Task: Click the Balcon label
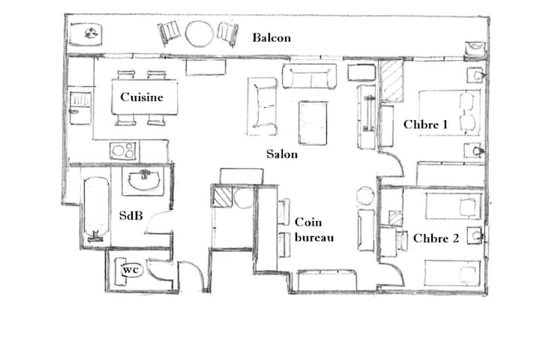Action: (x=271, y=37)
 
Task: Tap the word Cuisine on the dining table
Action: (x=142, y=97)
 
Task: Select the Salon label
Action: (x=282, y=154)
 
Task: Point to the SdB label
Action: (x=130, y=216)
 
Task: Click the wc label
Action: (x=130, y=270)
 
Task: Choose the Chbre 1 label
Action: (x=426, y=124)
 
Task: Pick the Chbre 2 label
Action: (x=436, y=238)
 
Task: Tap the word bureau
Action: (x=314, y=238)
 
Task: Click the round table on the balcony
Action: (x=199, y=34)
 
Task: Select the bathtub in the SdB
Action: (x=97, y=209)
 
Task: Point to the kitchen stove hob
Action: (x=123, y=151)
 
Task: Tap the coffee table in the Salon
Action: (x=313, y=123)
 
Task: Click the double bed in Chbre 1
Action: (x=449, y=112)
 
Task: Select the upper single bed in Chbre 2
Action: (x=453, y=205)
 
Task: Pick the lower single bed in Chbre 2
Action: (x=452, y=273)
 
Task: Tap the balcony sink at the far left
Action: (x=85, y=34)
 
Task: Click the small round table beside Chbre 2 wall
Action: (x=365, y=196)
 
